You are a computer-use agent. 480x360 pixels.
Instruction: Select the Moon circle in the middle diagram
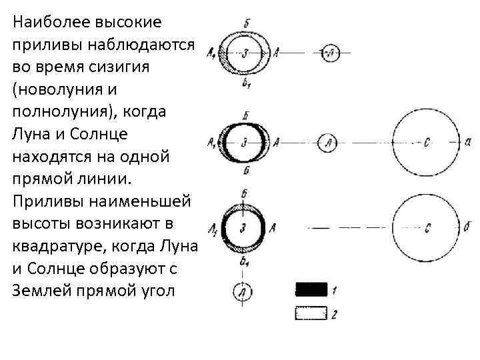[x=328, y=142]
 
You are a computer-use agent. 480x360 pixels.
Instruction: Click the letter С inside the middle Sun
[x=427, y=142]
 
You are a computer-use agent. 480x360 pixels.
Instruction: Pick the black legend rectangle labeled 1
[x=311, y=289]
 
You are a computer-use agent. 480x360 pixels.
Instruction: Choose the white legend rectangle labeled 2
[x=311, y=312]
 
